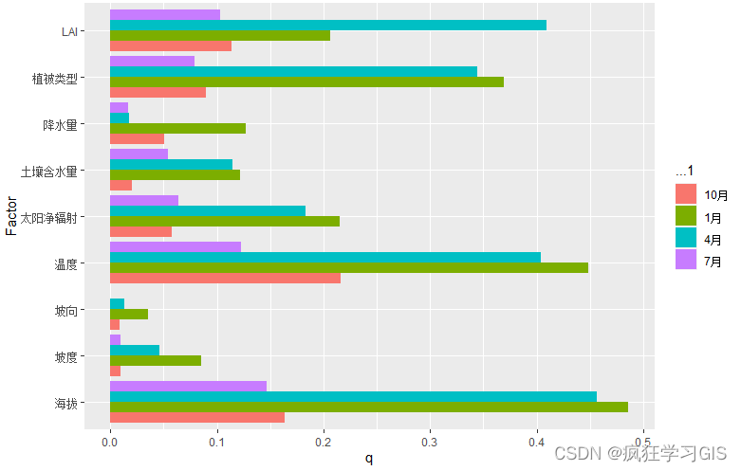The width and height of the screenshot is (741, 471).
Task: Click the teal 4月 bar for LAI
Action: coord(327,25)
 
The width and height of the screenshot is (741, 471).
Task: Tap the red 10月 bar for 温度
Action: coord(225,278)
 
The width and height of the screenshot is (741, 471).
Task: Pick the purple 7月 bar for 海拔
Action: coord(188,386)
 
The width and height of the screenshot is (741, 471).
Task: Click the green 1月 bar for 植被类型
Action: coord(306,82)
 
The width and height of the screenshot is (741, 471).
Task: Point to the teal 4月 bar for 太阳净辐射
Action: coord(208,210)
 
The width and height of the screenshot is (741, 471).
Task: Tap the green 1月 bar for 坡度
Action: coord(156,360)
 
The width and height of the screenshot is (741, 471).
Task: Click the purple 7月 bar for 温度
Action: coord(176,246)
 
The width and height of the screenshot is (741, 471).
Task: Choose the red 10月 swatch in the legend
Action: coord(686,194)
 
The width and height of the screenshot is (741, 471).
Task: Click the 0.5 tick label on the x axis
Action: coord(644,441)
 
